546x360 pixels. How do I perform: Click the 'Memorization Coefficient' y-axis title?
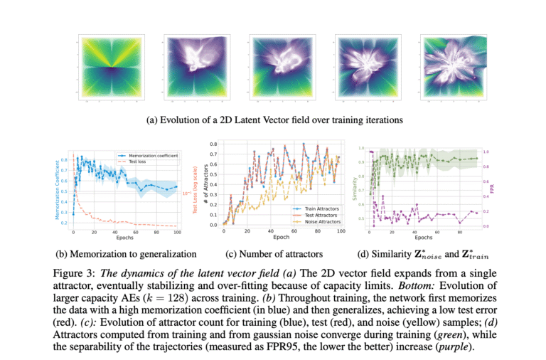click(x=58, y=189)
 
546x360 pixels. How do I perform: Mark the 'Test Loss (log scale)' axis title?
click(x=196, y=189)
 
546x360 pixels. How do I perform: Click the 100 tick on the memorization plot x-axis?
click(x=176, y=233)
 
